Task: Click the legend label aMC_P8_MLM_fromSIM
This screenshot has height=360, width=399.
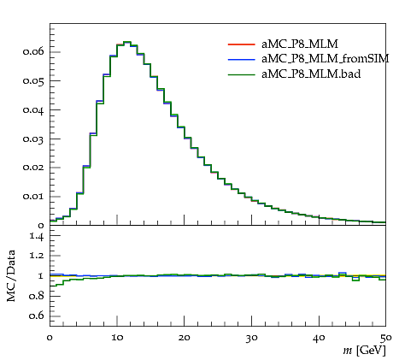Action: pyautogui.click(x=326, y=59)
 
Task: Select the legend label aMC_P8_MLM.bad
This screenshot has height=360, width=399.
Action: pyautogui.click(x=311, y=74)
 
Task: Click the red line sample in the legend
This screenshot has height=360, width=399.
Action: pyautogui.click(x=241, y=44)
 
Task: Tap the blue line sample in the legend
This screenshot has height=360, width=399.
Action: pyautogui.click(x=241, y=59)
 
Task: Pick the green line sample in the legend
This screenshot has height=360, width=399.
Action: pyautogui.click(x=241, y=74)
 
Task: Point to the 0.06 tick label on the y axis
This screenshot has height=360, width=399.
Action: pyautogui.click(x=33, y=51)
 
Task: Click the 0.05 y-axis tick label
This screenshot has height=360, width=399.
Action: pyautogui.click(x=33, y=81)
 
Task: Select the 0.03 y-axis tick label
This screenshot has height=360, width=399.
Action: pyautogui.click(x=33, y=139)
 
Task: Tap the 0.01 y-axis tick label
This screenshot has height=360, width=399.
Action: pyautogui.click(x=33, y=197)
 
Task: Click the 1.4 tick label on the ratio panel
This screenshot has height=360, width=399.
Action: pyautogui.click(x=37, y=236)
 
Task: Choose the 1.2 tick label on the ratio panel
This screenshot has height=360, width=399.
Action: pyautogui.click(x=37, y=256)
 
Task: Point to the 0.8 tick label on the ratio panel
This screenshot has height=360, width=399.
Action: pyautogui.click(x=36, y=296)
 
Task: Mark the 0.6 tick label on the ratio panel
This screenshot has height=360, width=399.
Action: pyautogui.click(x=36, y=316)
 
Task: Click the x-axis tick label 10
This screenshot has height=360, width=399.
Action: pyautogui.click(x=117, y=338)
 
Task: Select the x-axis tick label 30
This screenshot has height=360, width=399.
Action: pyautogui.click(x=251, y=338)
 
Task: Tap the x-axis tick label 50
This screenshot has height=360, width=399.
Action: pyautogui.click(x=385, y=338)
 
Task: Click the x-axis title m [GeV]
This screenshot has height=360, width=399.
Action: pyautogui.click(x=364, y=351)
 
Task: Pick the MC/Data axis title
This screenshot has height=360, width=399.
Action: pyautogui.click(x=11, y=275)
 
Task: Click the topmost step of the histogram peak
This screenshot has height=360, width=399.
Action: pyautogui.click(x=126, y=42)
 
